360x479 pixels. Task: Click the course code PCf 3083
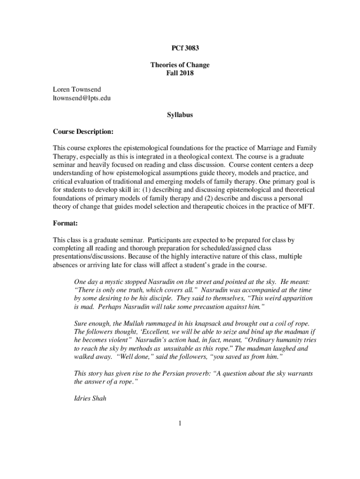[180, 48]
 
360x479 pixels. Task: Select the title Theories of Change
[180, 65]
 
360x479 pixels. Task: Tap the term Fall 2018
[180, 73]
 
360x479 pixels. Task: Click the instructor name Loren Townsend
[76, 89]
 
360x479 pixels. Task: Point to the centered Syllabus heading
[180, 115]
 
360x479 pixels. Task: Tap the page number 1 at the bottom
[180, 424]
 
